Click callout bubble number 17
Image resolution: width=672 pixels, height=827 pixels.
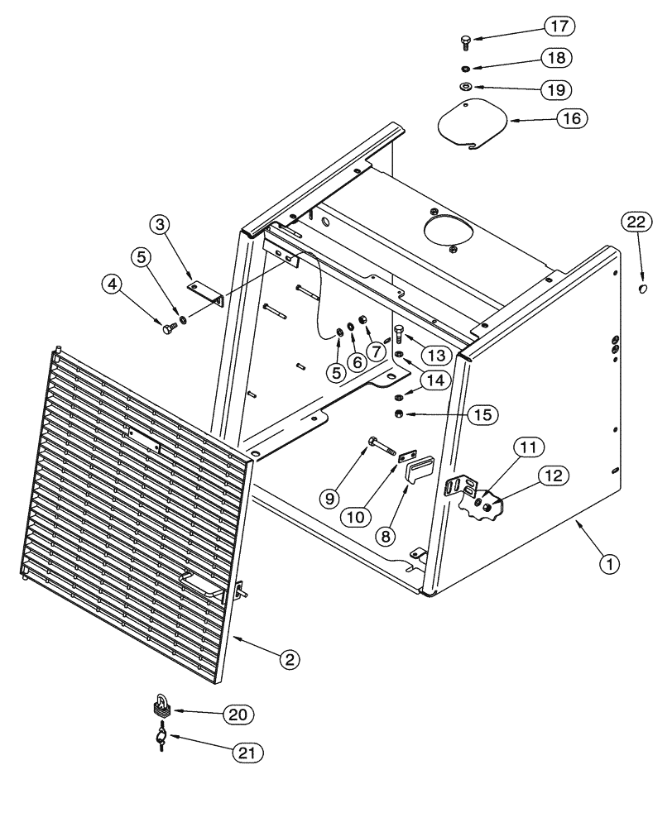coord(559,26)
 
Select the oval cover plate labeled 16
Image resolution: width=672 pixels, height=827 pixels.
coord(472,125)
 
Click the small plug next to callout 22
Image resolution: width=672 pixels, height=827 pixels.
coord(644,289)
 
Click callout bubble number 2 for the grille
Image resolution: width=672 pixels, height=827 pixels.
coord(287,659)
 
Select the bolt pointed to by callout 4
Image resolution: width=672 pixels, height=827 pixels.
coord(170,329)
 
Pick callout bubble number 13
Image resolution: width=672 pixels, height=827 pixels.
coord(435,354)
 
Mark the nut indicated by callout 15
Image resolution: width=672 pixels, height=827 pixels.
coord(398,413)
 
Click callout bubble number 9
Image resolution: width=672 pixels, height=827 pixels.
coord(329,498)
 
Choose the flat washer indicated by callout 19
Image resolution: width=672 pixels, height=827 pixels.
coord(466,86)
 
